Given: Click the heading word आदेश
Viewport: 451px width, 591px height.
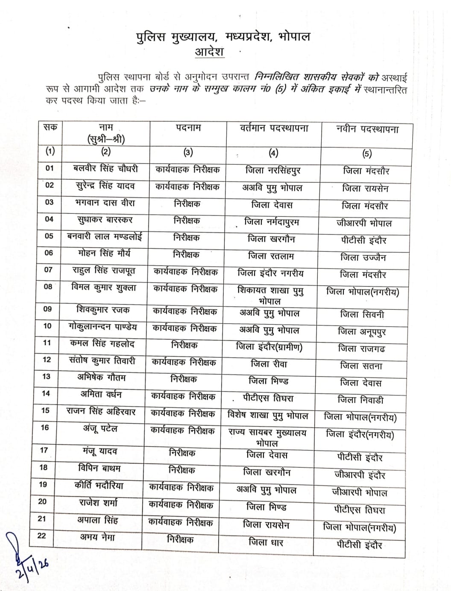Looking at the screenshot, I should [209, 52].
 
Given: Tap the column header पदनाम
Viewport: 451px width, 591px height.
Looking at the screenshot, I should [188, 128].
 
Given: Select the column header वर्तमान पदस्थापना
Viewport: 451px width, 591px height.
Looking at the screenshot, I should [274, 128].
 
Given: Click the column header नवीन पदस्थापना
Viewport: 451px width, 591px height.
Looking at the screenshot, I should [367, 129].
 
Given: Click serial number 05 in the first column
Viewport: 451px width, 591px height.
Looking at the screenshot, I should [49, 236].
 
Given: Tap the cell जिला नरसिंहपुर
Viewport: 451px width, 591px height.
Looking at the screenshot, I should [273, 170].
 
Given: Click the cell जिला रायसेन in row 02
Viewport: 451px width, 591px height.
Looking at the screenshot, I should [365, 188].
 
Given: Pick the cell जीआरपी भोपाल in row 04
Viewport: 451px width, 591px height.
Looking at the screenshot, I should [364, 223].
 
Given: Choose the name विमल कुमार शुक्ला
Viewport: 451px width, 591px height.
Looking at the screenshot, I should [104, 287].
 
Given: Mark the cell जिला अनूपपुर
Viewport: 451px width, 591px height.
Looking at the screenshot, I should [362, 331].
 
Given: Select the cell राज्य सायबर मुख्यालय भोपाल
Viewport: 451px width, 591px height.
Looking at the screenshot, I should [267, 437].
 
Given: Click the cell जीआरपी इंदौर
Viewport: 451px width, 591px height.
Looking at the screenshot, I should [360, 475].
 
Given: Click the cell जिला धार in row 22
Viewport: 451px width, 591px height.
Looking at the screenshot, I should [266, 542].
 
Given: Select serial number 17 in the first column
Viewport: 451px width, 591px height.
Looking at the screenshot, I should [44, 450].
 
